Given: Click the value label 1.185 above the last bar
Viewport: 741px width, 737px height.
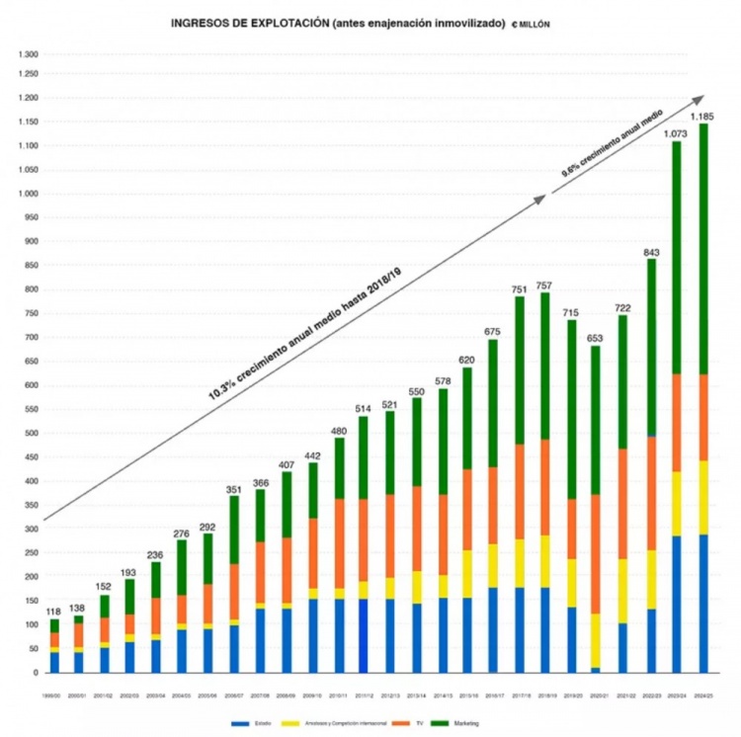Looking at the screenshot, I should click(702, 117).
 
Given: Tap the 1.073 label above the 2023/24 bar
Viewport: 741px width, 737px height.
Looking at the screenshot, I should click(677, 133).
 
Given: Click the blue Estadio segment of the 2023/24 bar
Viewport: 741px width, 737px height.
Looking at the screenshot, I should click(677, 603).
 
